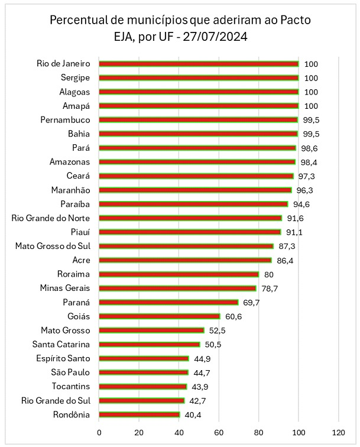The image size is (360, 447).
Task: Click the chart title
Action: [x=180, y=28]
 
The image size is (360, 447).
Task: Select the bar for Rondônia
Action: [x=140, y=414]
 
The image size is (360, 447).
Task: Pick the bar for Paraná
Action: [x=168, y=302]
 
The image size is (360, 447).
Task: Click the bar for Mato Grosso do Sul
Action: [x=186, y=246]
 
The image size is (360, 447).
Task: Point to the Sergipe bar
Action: [x=199, y=77]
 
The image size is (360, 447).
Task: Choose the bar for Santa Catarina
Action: [x=150, y=344]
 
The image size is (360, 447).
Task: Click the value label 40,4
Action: [x=192, y=414]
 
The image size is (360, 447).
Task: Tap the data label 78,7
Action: [x=268, y=288]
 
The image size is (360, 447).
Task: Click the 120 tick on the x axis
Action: [x=339, y=432]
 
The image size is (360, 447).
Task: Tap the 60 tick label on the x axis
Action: [x=219, y=432]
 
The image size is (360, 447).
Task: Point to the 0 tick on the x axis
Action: [x=99, y=432]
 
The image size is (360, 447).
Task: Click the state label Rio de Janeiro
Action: [x=63, y=63]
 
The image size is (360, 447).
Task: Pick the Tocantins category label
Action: [x=70, y=386]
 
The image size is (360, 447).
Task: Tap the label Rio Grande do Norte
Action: [x=51, y=218]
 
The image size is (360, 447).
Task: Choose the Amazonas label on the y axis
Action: [x=70, y=162]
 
